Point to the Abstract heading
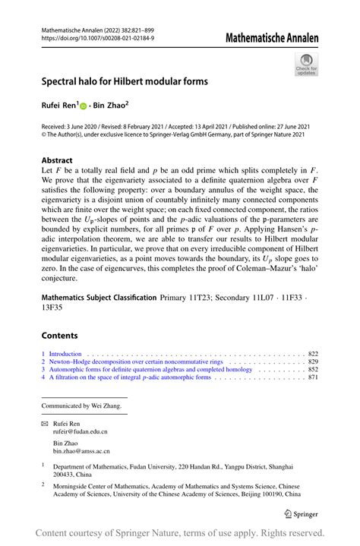pos(57,160)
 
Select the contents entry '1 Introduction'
pos(63,354)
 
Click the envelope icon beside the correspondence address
pos(45,421)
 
